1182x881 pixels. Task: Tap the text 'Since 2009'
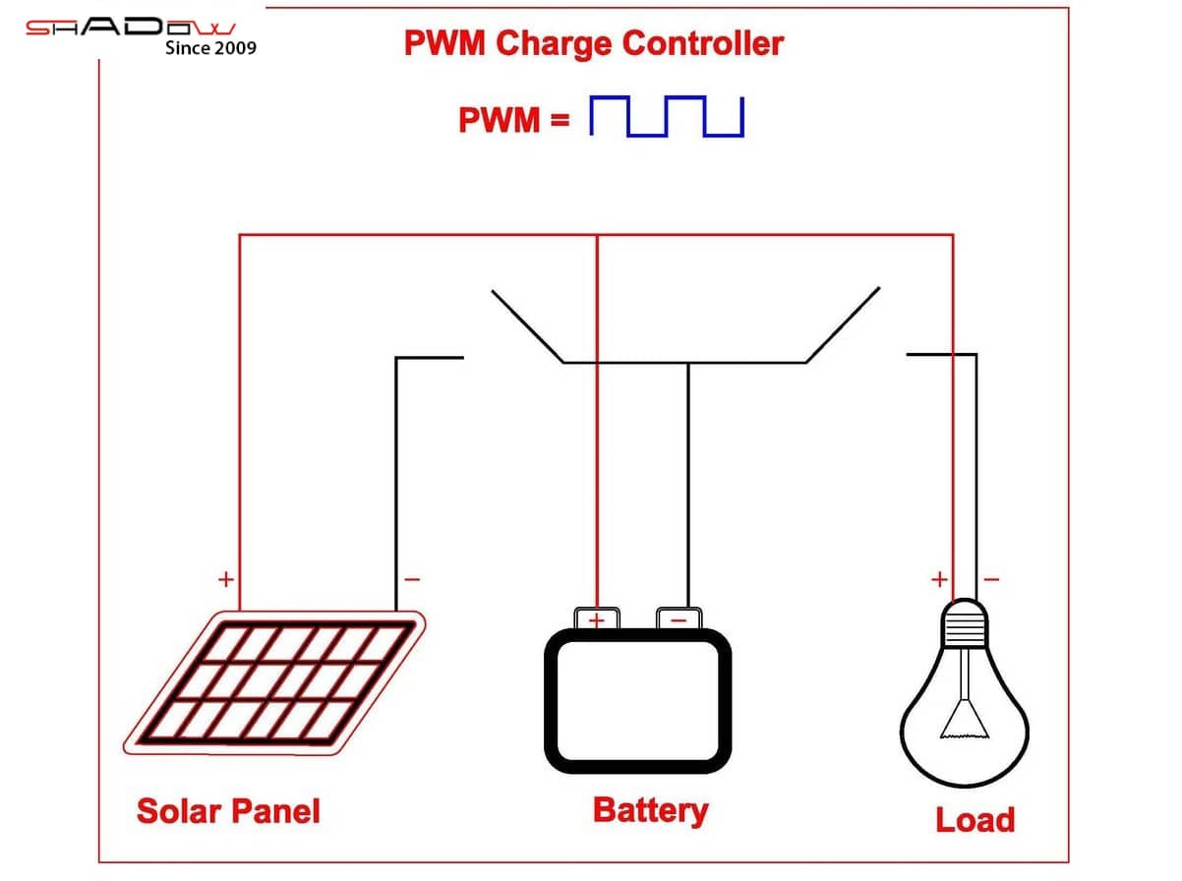pos(210,47)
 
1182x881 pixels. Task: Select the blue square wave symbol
pos(666,117)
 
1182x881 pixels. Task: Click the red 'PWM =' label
pos(513,120)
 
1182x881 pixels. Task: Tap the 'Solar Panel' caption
pos(228,811)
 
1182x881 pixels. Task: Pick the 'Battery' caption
pos(650,810)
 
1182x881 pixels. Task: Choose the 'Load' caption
pos(974,820)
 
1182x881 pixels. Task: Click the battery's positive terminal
pos(597,618)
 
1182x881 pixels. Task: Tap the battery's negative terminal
pos(679,618)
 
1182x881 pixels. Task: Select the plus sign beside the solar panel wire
pos(225,578)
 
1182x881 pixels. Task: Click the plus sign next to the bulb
pos(939,578)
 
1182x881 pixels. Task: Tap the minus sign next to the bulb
pos(991,578)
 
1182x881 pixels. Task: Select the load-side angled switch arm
pos(843,325)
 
